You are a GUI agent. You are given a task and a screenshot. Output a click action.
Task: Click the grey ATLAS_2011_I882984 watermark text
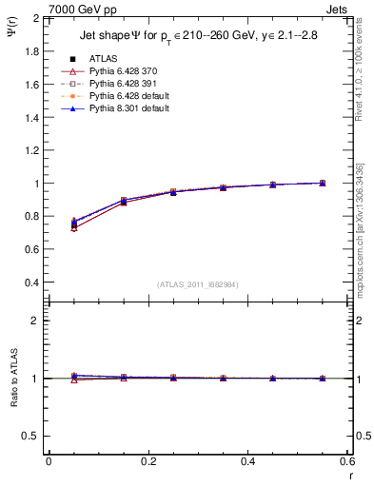click(197, 284)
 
